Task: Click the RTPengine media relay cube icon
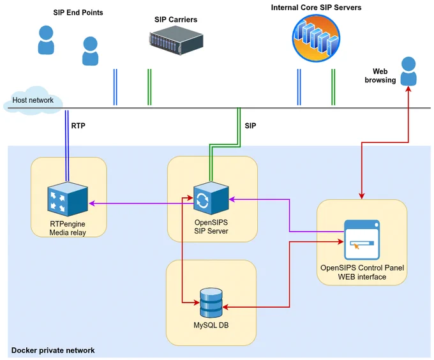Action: point(68,199)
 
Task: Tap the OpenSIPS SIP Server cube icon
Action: point(211,198)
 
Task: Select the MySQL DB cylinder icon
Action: point(211,303)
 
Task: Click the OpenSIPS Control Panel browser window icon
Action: point(362,240)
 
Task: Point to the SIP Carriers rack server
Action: point(176,40)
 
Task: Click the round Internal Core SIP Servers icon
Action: point(316,38)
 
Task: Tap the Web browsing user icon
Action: point(408,71)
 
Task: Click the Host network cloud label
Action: point(33,100)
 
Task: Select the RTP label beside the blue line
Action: point(79,126)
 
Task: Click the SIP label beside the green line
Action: point(250,126)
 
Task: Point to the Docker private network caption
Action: point(53,350)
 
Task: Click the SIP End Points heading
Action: point(78,13)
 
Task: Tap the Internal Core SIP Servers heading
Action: point(316,8)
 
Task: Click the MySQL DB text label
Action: point(211,325)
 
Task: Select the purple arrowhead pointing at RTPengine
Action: point(92,204)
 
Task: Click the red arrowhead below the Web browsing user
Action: point(408,89)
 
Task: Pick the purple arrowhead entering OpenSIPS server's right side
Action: point(232,199)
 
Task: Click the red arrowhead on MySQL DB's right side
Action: point(225,307)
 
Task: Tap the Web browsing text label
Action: point(380,75)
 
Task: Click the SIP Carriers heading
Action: point(176,19)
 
